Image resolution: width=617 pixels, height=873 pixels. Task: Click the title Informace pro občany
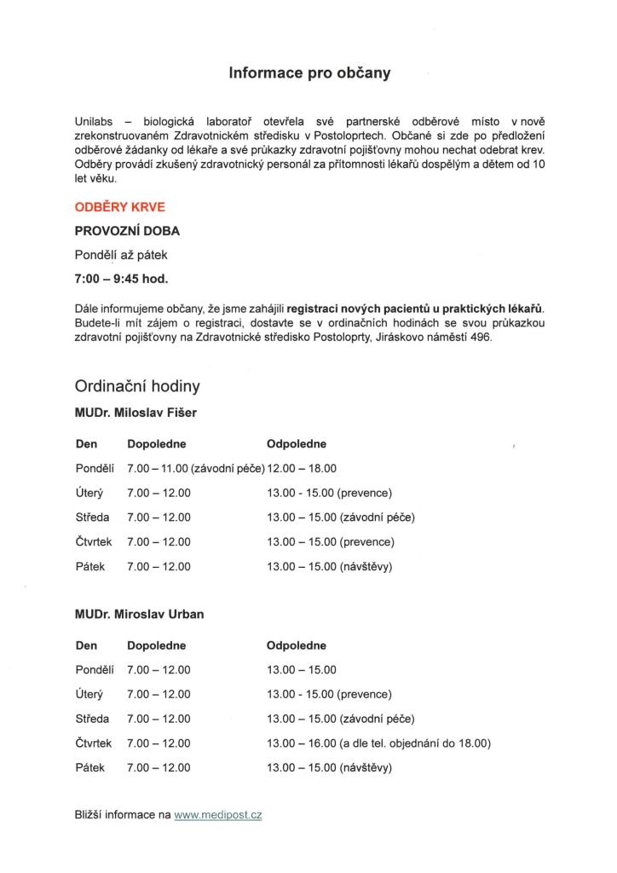308,73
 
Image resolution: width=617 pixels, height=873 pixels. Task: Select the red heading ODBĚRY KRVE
120,207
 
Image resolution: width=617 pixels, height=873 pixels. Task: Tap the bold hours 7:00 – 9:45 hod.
121,278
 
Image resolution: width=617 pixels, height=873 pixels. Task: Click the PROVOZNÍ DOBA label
127,230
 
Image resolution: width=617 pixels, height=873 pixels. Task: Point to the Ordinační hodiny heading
137,386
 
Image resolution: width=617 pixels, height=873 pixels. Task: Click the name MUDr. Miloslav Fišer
136,413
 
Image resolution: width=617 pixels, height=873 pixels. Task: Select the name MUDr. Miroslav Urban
139,614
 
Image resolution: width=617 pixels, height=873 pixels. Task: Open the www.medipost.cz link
217,815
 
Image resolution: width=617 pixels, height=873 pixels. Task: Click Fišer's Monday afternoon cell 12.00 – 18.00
302,468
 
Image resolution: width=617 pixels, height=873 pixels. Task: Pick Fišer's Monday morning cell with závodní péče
195,468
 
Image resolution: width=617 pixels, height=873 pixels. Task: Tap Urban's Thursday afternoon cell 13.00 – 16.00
378,743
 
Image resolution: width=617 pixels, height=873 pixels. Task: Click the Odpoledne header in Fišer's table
296,444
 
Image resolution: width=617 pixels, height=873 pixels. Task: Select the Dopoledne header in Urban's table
156,645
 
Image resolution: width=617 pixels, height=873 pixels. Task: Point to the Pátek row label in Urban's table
89,768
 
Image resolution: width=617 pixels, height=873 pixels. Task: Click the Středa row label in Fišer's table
91,517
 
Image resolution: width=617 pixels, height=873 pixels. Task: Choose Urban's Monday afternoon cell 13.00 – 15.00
302,669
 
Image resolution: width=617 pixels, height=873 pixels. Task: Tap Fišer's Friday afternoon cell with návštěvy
329,567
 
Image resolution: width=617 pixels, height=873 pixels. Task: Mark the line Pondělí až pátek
121,254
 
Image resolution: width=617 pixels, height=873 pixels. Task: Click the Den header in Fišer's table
86,444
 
